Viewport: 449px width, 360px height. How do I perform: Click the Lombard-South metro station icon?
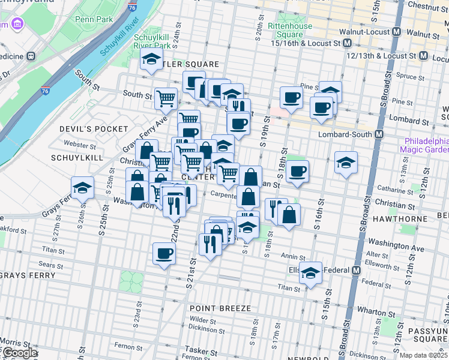coord(379,134)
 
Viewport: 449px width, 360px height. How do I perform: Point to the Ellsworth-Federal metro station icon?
coord(356,270)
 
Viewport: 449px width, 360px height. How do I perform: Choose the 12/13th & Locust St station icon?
coord(423,56)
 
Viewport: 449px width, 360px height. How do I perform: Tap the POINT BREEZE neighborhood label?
coord(220,308)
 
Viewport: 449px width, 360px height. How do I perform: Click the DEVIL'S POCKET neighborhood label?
coord(94,129)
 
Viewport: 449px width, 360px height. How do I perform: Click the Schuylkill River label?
coord(119,37)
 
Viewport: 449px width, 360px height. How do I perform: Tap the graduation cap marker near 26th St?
coord(82,187)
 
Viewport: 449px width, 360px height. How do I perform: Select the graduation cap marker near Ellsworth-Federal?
coord(310,272)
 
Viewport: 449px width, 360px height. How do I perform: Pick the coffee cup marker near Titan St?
coord(164,253)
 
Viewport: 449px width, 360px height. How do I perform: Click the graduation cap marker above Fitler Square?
coord(151,59)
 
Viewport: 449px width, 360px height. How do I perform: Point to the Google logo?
coord(19,353)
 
